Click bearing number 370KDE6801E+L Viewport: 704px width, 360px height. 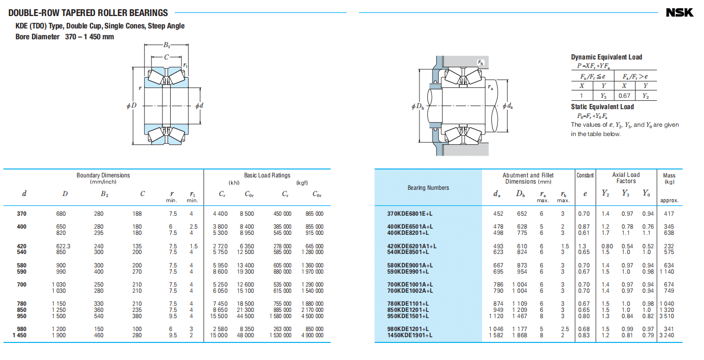410,214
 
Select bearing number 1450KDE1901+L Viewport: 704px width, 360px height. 410,335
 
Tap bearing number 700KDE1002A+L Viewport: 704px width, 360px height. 410,291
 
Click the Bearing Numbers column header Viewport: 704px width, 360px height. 428,188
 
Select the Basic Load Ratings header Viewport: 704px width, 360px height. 267,175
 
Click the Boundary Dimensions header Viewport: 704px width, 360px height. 103,175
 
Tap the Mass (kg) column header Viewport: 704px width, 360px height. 669,178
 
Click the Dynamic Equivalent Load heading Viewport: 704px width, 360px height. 606,57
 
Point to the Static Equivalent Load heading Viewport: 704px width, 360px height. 602,107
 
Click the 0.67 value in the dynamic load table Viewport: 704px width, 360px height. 624,96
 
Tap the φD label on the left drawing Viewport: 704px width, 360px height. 131,106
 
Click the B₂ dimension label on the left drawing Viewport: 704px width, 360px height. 167,46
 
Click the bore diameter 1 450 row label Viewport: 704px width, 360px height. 20,335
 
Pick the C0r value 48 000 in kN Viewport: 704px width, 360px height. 246,335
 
